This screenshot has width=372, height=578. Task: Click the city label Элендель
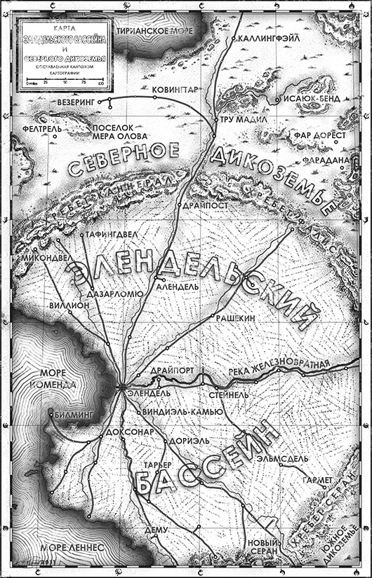[x=145, y=394]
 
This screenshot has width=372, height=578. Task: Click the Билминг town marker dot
[x=51, y=414]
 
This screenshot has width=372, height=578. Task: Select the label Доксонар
[x=128, y=432]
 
